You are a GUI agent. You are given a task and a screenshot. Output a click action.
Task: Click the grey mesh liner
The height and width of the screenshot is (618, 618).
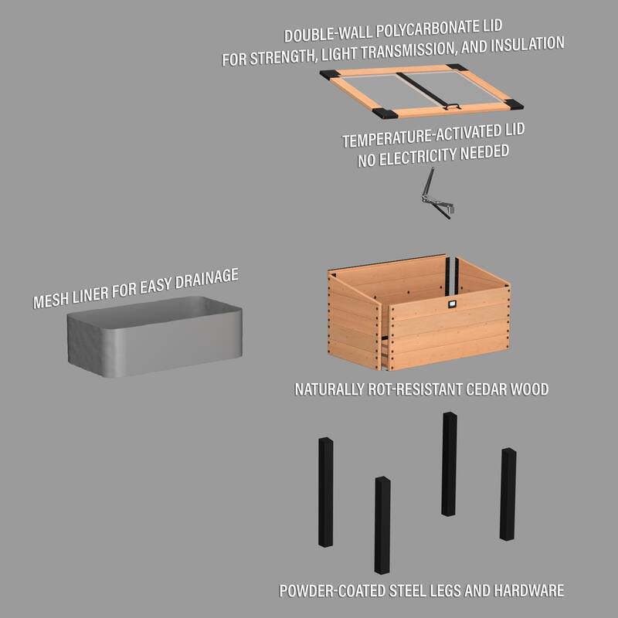click(154, 340)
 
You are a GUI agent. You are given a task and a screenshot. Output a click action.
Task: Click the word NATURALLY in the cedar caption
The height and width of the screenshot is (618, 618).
click(325, 389)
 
